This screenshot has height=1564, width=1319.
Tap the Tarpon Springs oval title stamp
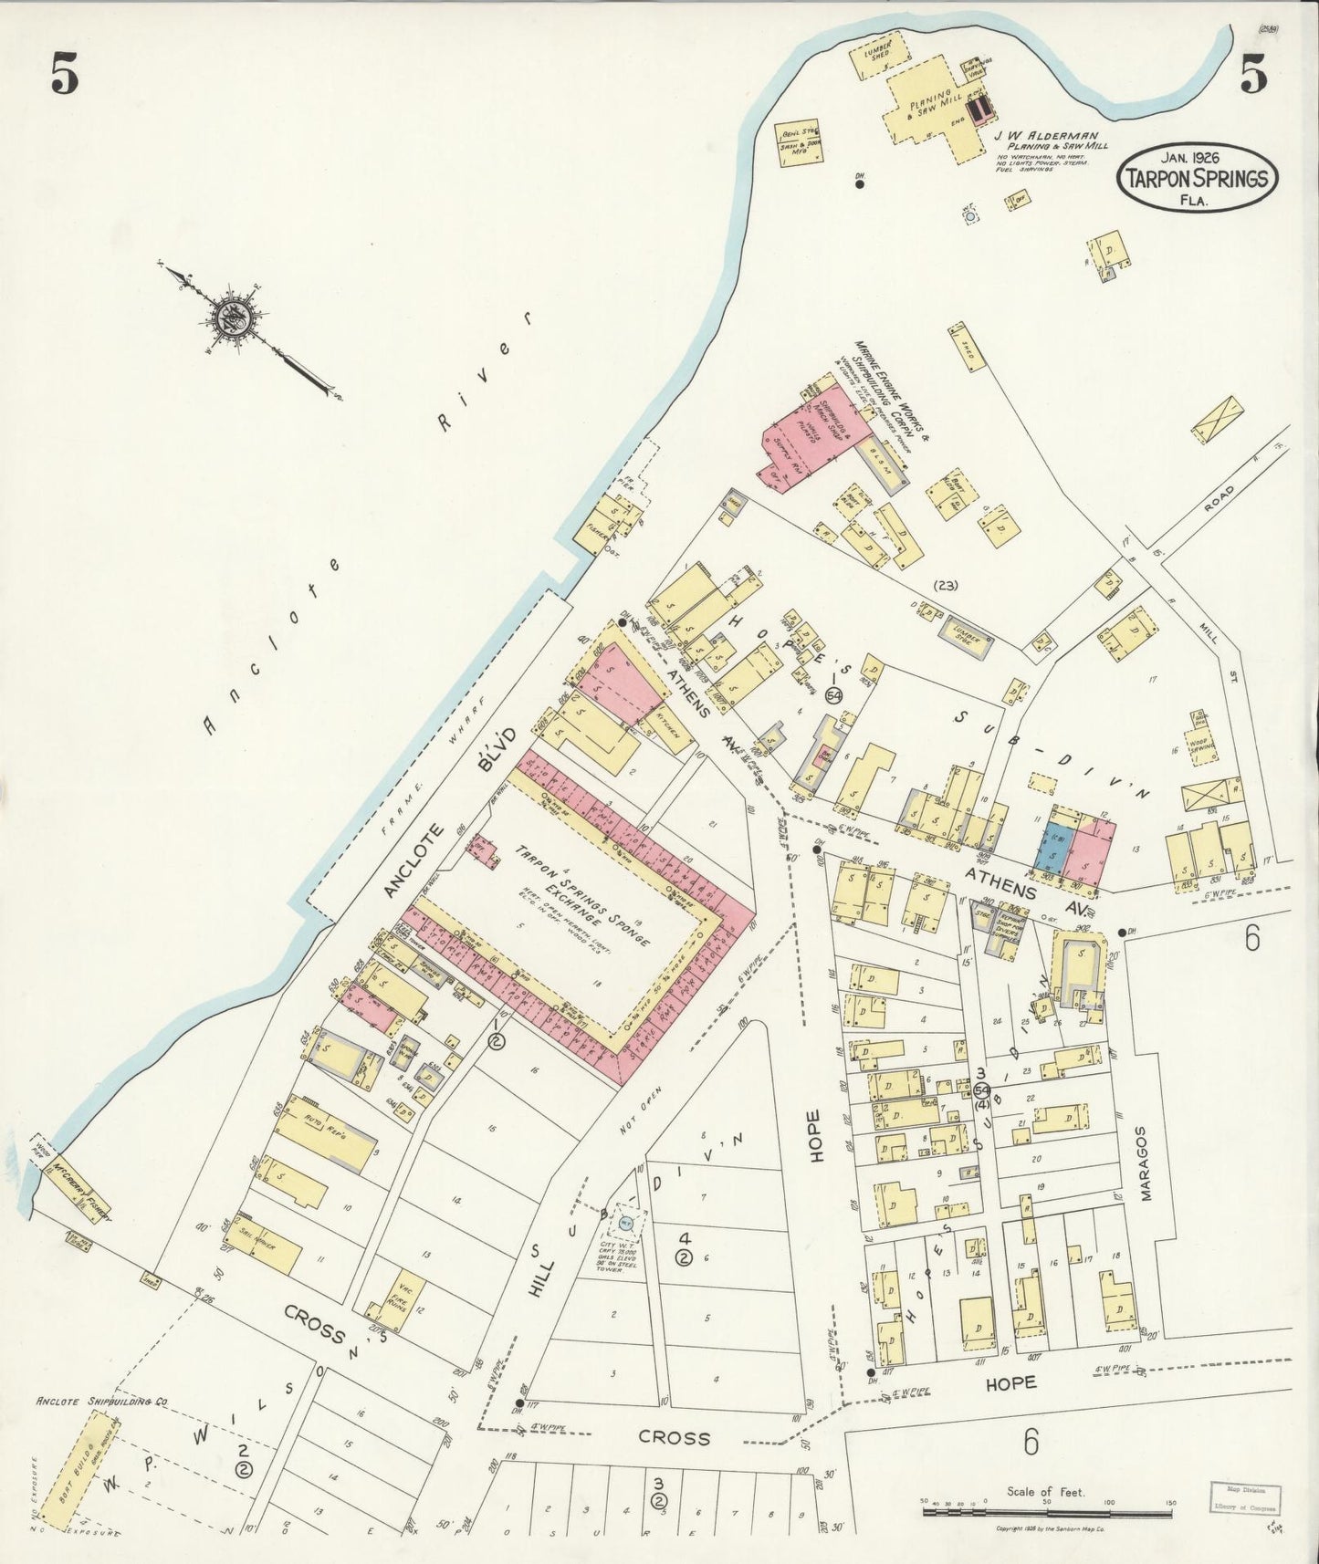[1196, 177]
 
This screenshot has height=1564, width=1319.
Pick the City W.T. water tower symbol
[626, 1221]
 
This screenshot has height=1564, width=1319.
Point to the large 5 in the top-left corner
[64, 77]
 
